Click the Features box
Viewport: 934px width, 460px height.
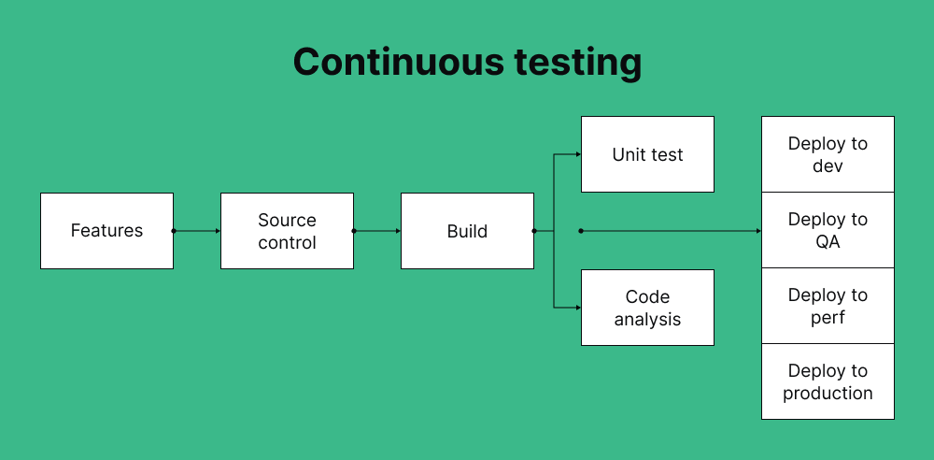[106, 231]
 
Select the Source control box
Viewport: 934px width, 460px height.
[287, 231]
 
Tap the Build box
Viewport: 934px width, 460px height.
[467, 231]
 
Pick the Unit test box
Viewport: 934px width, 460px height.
[647, 154]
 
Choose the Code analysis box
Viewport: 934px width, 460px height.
[647, 308]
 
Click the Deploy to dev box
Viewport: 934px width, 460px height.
[828, 154]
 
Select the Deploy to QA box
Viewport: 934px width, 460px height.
[828, 230]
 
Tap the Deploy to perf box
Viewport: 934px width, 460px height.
[828, 306]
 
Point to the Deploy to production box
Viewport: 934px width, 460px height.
[828, 381]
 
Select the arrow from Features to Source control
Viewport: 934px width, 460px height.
[197, 231]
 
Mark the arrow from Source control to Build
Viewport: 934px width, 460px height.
[377, 231]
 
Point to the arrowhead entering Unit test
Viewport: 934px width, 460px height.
[577, 154]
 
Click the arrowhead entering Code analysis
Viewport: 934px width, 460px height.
[577, 308]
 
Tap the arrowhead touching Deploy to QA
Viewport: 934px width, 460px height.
[757, 231]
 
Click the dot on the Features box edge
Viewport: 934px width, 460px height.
[174, 231]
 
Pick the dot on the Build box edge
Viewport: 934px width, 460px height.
[534, 231]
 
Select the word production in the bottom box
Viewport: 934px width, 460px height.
[828, 393]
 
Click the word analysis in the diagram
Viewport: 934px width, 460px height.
[647, 319]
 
